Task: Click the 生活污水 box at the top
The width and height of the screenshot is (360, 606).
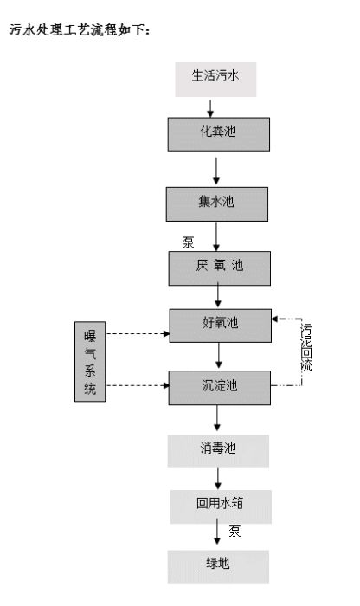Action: tap(217, 77)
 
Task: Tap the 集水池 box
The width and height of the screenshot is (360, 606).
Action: tap(218, 203)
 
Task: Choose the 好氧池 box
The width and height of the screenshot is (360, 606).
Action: tap(218, 324)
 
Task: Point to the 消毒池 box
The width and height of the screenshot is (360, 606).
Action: tap(218, 450)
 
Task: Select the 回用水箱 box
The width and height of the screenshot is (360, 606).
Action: tap(218, 505)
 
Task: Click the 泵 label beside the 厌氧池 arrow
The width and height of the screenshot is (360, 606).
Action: tap(190, 242)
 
